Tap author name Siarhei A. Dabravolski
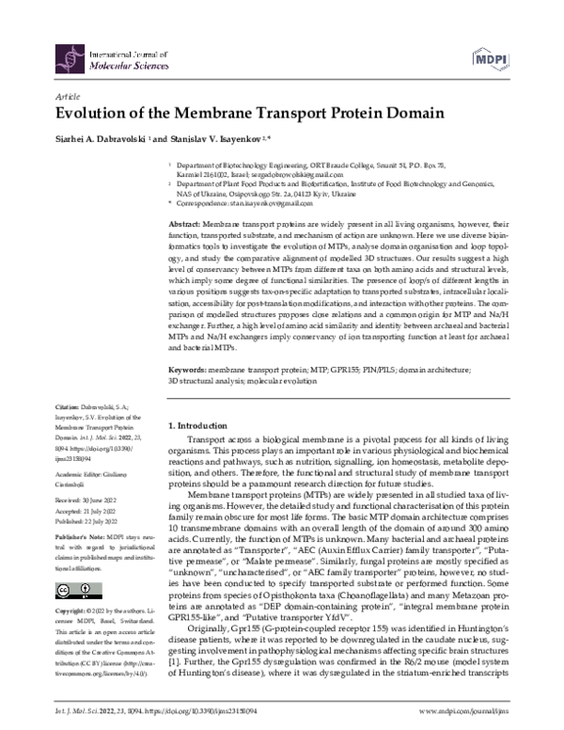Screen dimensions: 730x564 [x=93, y=138]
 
